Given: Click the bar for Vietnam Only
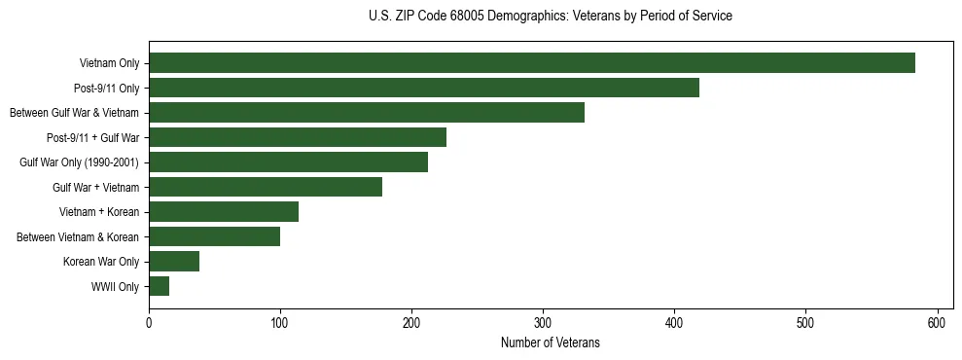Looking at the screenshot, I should point(532,63).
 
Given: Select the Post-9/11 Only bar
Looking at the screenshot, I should point(424,89).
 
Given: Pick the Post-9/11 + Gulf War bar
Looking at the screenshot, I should point(298,137).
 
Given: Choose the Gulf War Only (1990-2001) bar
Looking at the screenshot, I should point(288,162).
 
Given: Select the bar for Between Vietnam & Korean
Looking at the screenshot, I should point(214,236).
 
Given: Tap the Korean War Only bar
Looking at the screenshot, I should point(174,261).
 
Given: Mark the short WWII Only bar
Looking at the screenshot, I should point(160,286).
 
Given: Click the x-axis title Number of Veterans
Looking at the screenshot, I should point(550,343).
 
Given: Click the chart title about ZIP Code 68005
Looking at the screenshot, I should point(551,17).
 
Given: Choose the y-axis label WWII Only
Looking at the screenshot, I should point(115,287).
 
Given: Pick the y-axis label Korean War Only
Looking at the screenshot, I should point(101,262).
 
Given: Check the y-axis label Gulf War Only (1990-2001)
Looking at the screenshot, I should point(79,162).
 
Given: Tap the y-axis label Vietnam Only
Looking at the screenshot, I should point(109,64).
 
